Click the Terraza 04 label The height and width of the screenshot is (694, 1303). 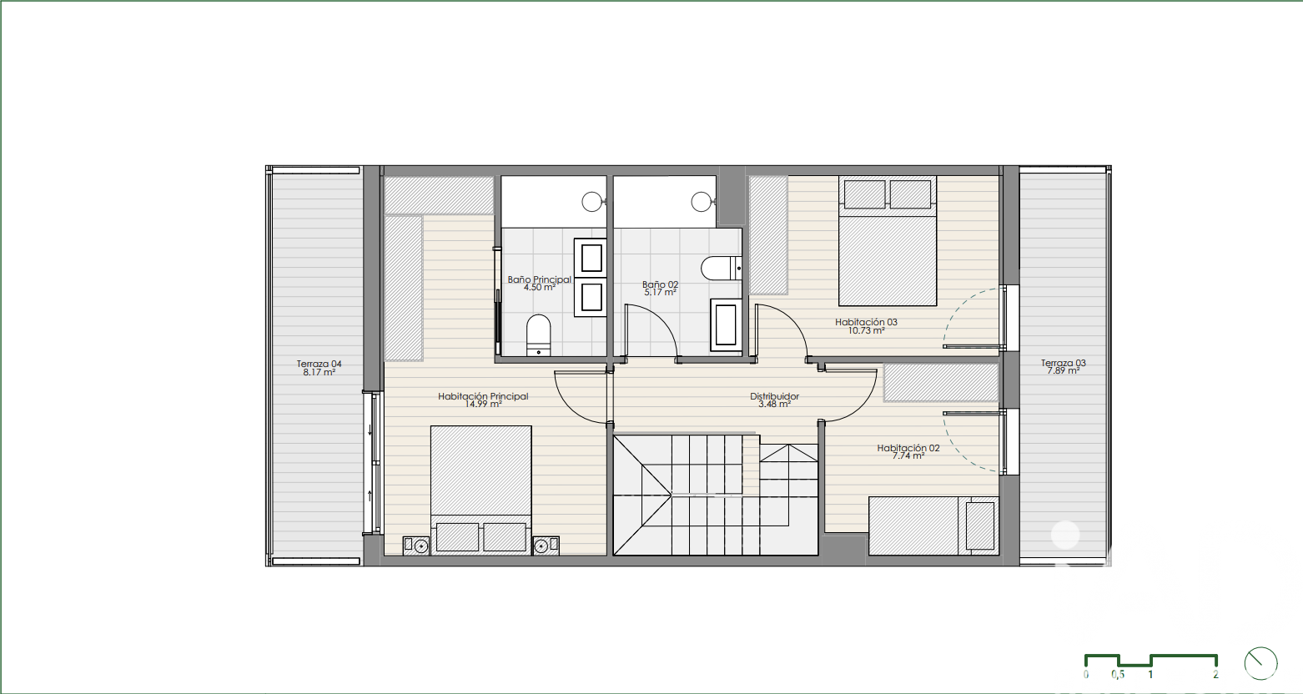(319, 365)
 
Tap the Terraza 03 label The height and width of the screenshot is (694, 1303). (1064, 363)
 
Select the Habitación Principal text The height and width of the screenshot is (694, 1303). (483, 396)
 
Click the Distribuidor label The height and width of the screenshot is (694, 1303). (774, 396)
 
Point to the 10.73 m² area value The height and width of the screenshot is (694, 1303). (866, 330)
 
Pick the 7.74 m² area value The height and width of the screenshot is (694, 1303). (908, 456)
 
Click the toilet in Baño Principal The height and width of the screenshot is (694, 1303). (538, 335)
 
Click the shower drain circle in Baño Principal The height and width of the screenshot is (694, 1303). (591, 202)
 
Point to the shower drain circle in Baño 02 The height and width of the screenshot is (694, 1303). (701, 202)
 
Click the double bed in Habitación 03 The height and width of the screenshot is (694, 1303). (888, 241)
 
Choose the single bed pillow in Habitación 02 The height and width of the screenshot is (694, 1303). (980, 526)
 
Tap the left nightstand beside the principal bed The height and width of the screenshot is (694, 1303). (416, 545)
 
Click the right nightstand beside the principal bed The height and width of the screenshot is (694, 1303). (546, 545)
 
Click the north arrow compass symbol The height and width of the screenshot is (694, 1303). (1260, 663)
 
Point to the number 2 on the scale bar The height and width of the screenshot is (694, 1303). (1215, 675)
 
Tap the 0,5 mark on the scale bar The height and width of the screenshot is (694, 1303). (1118, 675)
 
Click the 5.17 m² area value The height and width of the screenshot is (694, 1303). (660, 292)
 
